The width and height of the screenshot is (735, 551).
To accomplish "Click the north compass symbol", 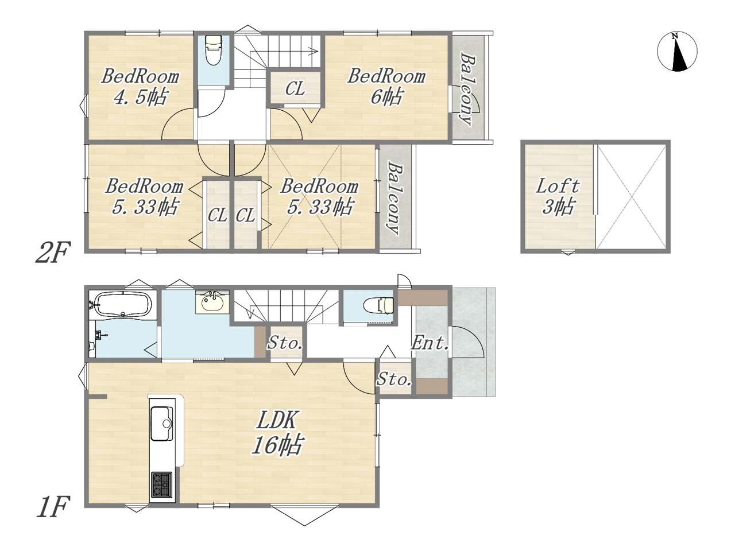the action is [677, 52].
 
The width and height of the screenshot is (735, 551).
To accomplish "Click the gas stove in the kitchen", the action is [162, 485].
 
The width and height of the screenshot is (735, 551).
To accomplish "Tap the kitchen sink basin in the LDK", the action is [162, 424].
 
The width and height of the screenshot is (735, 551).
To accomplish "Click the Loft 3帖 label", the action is [558, 196].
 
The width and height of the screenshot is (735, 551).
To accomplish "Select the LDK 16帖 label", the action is [277, 433].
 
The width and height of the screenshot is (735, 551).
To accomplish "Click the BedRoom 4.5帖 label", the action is [140, 87].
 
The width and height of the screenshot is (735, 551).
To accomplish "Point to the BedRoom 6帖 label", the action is [386, 87].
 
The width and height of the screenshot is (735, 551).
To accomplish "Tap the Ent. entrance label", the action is [430, 343].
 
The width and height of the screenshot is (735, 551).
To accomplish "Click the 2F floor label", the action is [53, 253].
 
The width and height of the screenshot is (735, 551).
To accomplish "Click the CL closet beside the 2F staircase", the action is [295, 88].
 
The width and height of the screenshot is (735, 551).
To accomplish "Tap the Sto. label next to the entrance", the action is [394, 379].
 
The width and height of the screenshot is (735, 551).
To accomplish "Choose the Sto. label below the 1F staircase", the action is [285, 343].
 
